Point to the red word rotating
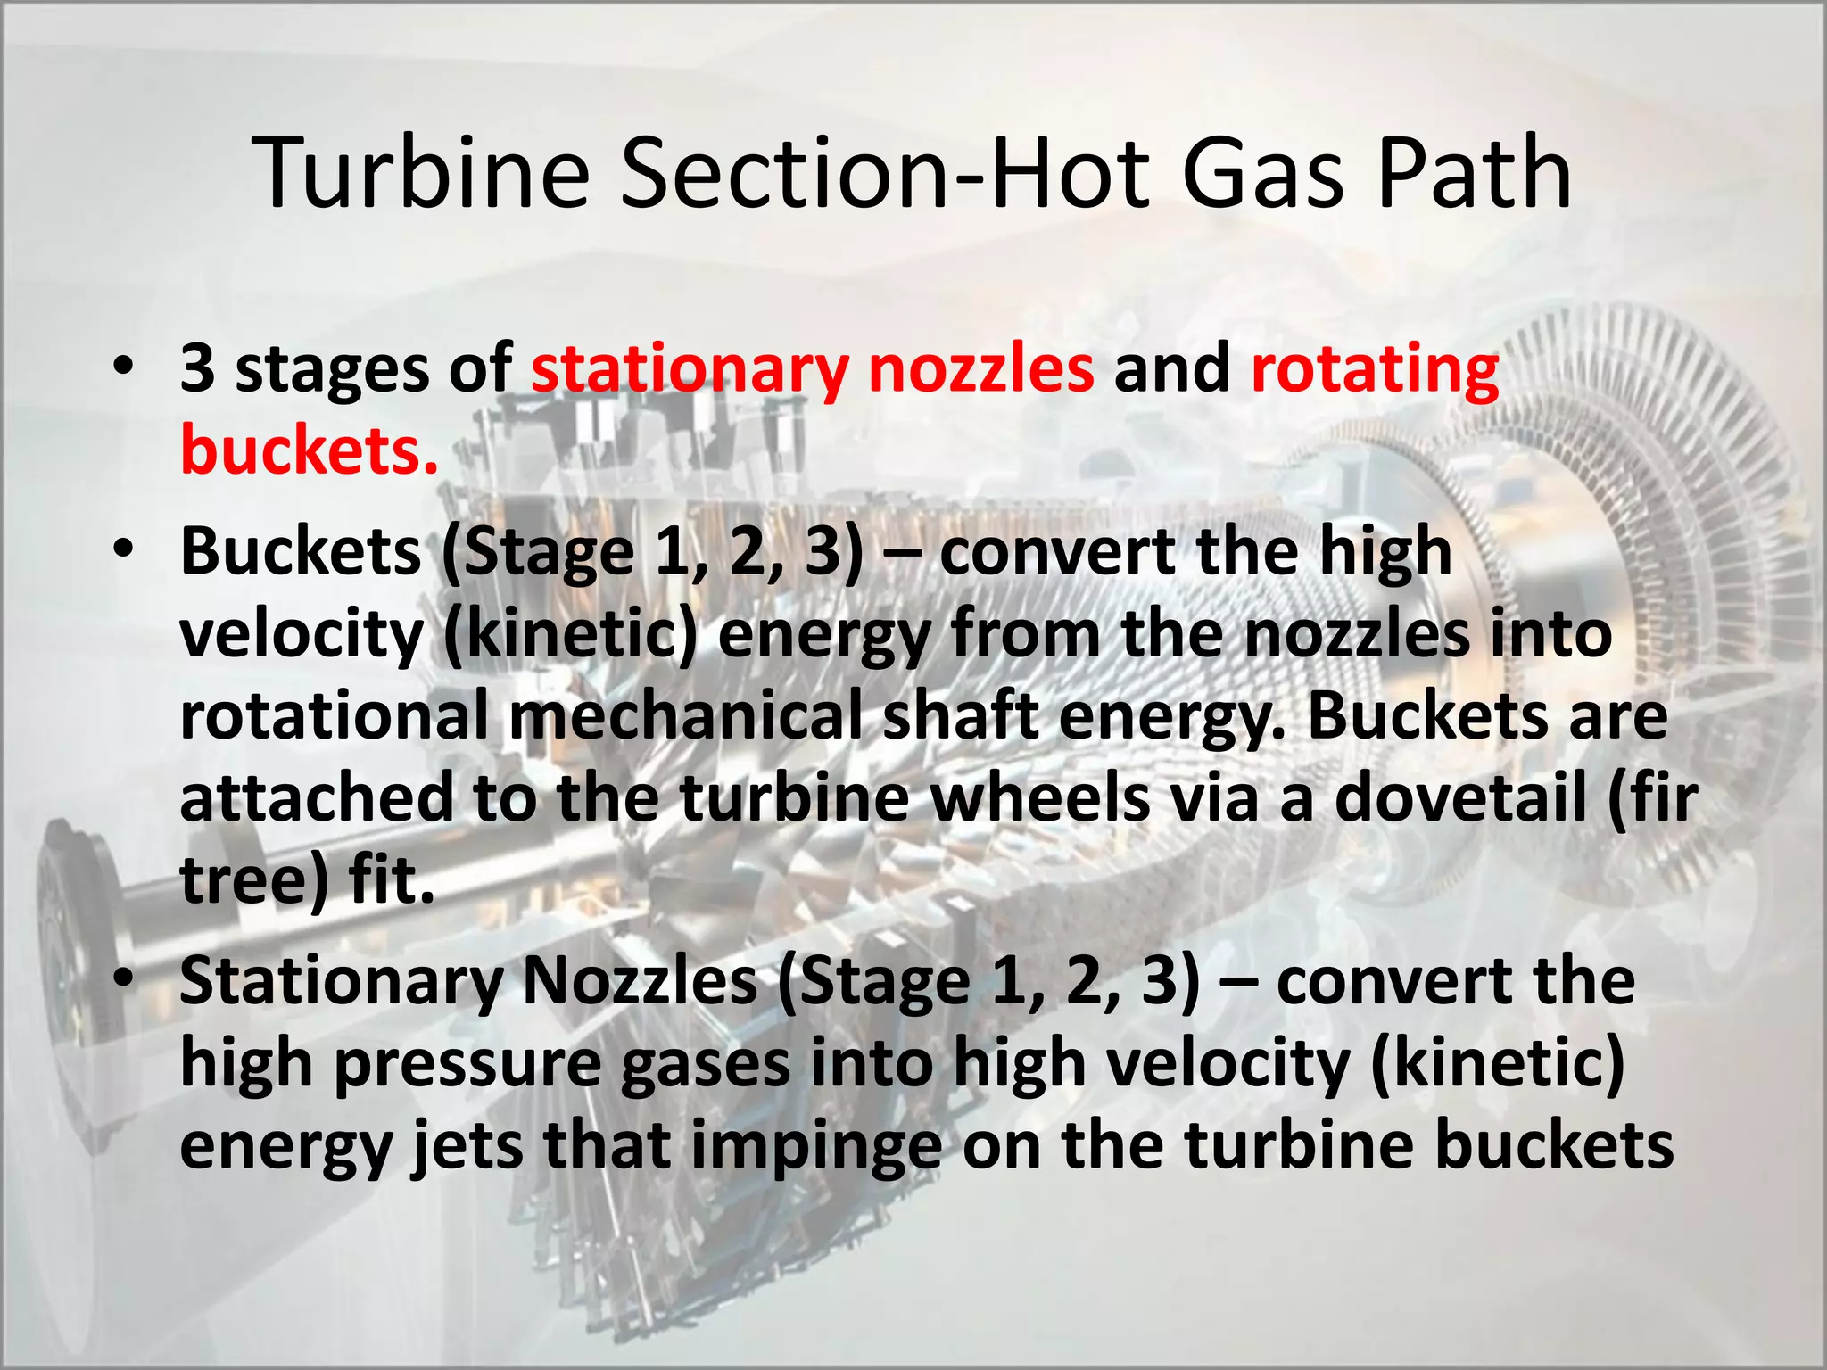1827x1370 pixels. coord(1375,369)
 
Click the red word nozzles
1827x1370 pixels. coord(980,369)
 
